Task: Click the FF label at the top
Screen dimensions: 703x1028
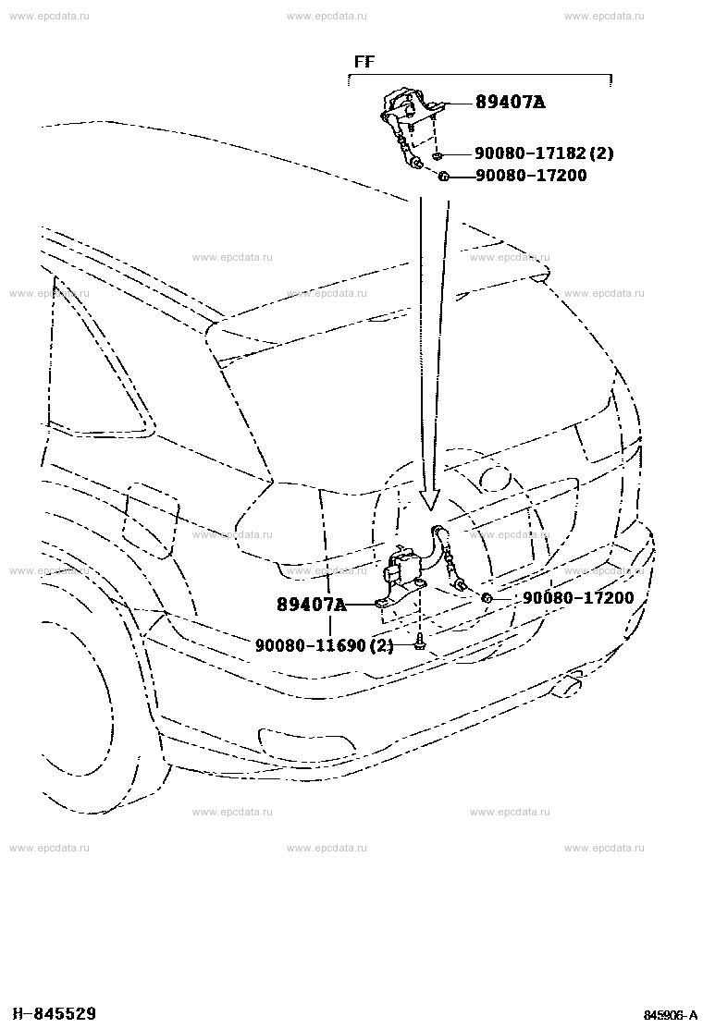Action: pyautogui.click(x=364, y=62)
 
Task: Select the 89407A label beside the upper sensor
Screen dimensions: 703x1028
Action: pyautogui.click(x=510, y=103)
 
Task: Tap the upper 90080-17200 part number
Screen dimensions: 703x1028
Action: pyautogui.click(x=531, y=176)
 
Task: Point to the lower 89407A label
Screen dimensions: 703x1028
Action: pyautogui.click(x=312, y=605)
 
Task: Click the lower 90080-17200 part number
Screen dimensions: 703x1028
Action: pyautogui.click(x=578, y=598)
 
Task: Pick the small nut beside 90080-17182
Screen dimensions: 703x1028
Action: pyautogui.click(x=438, y=155)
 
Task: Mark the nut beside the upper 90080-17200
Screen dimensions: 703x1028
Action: pyautogui.click(x=443, y=177)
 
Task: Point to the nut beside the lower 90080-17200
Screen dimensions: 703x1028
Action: pyautogui.click(x=487, y=598)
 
